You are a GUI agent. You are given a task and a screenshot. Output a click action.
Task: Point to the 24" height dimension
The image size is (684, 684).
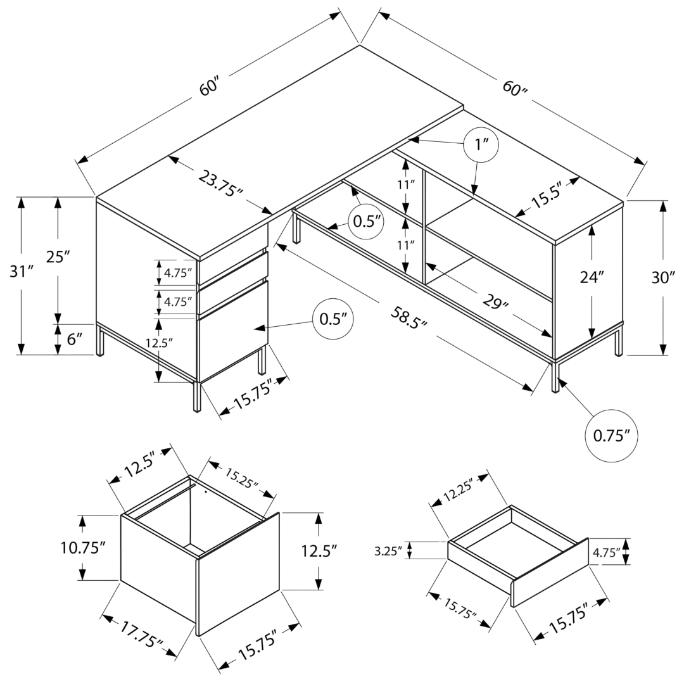(x=592, y=276)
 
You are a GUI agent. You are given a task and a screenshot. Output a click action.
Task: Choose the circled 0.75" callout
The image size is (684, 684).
(x=611, y=436)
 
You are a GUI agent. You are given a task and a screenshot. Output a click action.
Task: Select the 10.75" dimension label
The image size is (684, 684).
(x=82, y=548)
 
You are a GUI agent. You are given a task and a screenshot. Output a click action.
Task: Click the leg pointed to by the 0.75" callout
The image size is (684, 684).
(x=555, y=376)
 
